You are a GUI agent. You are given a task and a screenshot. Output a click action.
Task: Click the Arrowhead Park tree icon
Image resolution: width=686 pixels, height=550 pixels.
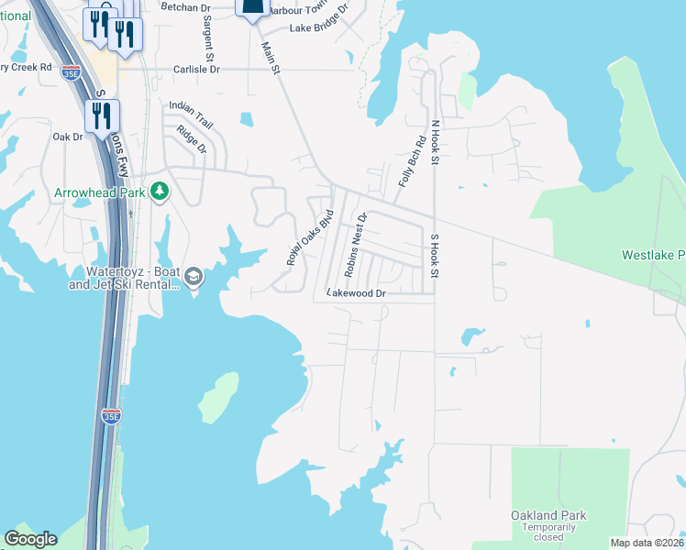pyautogui.click(x=160, y=192)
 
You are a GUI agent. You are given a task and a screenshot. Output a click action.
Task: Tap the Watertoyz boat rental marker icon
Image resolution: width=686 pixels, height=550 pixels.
pyautogui.click(x=194, y=277)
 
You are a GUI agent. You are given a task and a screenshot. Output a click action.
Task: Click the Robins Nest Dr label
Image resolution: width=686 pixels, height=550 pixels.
pyautogui.click(x=355, y=245)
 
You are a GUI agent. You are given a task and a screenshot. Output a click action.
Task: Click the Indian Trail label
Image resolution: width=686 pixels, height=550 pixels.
pyautogui.click(x=190, y=105)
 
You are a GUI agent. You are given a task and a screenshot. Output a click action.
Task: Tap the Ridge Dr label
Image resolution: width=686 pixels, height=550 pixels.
pyautogui.click(x=192, y=138)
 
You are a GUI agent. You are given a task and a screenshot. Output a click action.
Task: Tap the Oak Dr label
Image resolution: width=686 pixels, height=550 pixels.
pyautogui.click(x=68, y=137)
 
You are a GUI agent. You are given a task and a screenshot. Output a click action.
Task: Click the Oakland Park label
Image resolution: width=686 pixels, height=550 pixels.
pyautogui.click(x=550, y=515)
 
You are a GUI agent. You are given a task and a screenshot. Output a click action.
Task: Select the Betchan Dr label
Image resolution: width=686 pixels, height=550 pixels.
pyautogui.click(x=185, y=6)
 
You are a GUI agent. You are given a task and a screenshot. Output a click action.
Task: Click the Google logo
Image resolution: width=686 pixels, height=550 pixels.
pyautogui.click(x=30, y=539)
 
